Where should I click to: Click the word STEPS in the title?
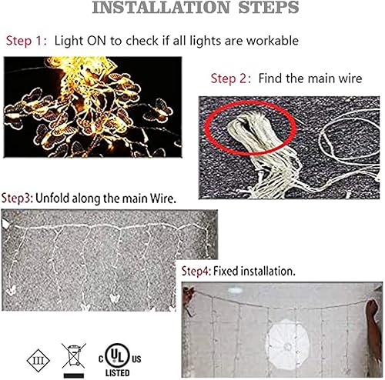[x=260, y=9]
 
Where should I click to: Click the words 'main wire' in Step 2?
[x=333, y=79]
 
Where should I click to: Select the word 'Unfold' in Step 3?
[x=56, y=198]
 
